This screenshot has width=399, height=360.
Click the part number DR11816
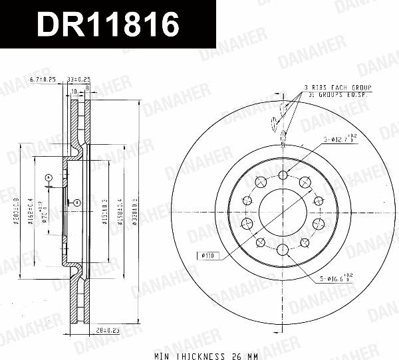point(108,25)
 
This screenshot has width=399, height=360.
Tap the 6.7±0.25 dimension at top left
point(43,80)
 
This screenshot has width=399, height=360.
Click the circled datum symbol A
point(49,177)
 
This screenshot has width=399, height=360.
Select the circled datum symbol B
point(76,202)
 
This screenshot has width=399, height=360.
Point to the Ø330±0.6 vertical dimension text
point(135,212)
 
